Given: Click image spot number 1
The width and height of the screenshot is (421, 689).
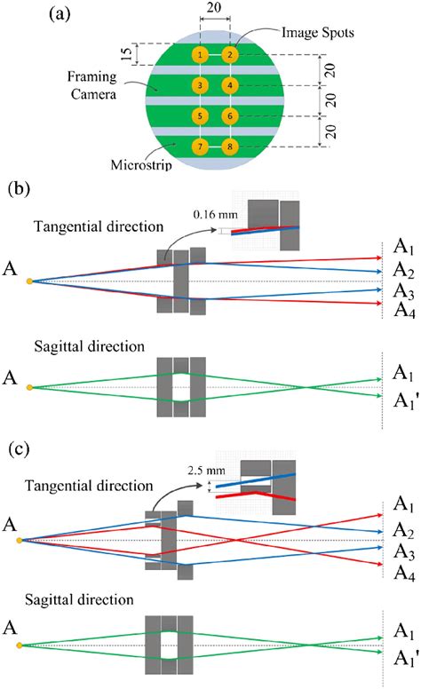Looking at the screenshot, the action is (200, 55).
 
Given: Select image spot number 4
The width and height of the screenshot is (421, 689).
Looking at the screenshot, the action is (230, 85).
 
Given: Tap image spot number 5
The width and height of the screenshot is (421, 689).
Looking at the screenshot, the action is (200, 116).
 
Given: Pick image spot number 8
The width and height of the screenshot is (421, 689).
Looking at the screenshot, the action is (230, 147).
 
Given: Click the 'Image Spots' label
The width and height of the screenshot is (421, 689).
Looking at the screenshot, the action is (317, 33).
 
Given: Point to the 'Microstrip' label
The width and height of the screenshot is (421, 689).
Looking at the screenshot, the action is (141, 165).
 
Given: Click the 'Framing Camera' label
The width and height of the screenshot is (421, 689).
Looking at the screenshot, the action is (91, 85).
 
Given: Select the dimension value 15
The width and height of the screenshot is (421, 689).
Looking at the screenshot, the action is (126, 54).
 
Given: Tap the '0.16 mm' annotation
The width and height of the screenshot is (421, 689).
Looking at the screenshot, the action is (215, 215).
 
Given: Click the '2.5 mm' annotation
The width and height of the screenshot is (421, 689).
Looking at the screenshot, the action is (206, 471).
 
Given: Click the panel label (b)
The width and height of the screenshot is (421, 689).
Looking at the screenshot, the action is (20, 189).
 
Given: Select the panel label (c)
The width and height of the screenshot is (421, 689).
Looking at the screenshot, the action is (19, 449).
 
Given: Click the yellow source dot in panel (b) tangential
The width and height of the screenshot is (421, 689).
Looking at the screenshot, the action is (29, 281).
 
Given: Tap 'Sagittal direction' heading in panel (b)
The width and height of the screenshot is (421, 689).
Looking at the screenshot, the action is (89, 346).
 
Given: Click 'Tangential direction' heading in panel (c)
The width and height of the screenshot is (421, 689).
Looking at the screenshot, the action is (89, 486).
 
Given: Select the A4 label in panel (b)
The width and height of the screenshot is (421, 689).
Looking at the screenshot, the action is (404, 311).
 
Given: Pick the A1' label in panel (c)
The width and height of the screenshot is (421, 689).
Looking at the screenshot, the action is (405, 658).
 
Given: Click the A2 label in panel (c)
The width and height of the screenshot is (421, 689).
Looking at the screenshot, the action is (404, 530).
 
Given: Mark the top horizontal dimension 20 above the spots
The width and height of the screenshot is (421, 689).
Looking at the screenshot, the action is (214, 7).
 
